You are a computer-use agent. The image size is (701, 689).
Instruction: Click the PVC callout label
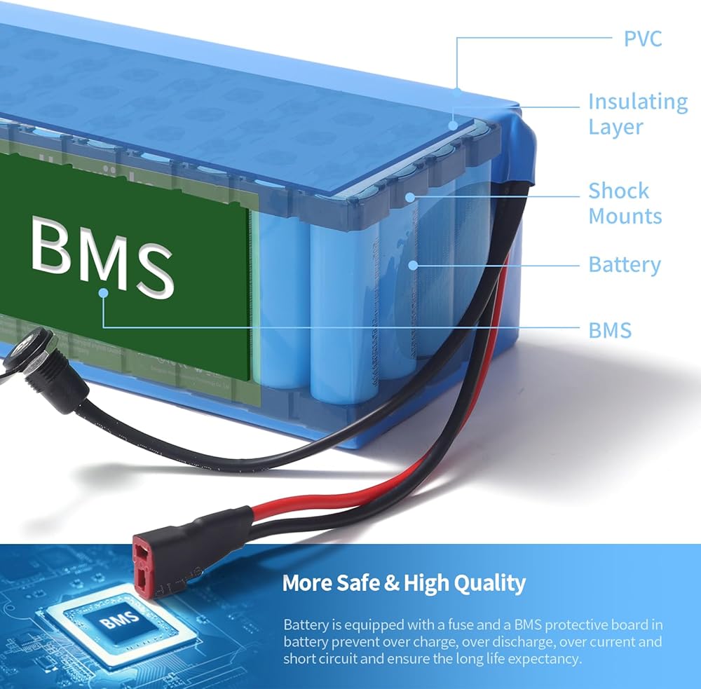[x=642, y=39]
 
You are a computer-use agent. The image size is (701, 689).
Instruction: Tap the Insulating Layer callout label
[x=638, y=114]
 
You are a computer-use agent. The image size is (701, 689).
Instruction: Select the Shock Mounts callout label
[x=625, y=203]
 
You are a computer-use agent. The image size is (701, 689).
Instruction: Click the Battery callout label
[x=625, y=265]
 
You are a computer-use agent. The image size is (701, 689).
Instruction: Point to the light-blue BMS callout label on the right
[x=610, y=330]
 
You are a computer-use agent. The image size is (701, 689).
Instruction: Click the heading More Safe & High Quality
[x=404, y=582]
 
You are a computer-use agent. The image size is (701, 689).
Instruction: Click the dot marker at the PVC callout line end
[x=457, y=93]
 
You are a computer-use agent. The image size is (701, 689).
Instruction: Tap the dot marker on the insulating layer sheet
[x=453, y=125]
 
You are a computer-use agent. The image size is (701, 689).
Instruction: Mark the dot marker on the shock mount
[x=410, y=197]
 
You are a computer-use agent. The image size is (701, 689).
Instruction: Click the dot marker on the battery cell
[x=413, y=266]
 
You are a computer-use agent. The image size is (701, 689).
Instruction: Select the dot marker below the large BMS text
[x=103, y=293]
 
